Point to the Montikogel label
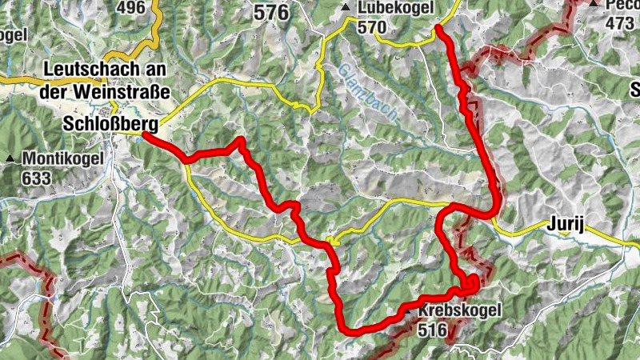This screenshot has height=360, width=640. pos(63,158)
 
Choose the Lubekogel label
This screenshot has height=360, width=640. pos(395,8)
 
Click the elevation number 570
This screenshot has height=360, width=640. pos(372,28)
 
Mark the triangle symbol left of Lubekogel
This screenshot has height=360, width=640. pos(346,8)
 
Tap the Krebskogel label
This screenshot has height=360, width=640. pos(459,310)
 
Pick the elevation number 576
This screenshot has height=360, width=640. pos(270,12)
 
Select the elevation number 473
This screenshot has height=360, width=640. pos(619,23)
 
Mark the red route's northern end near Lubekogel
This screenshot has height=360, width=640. pos(438,29)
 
